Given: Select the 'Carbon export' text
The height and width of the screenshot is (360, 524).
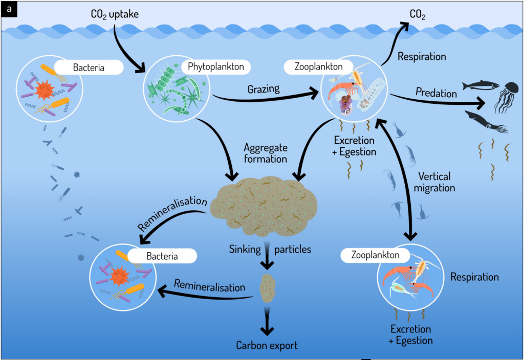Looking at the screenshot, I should click(267, 345).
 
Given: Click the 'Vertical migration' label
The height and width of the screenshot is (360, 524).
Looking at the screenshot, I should click(434, 182).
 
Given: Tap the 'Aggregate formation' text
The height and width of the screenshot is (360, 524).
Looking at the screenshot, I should click(266, 153).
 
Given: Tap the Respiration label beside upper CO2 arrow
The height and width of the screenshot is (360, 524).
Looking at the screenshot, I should click(422, 56).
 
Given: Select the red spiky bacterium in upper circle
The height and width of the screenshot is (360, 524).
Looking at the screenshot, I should click(44, 90).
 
